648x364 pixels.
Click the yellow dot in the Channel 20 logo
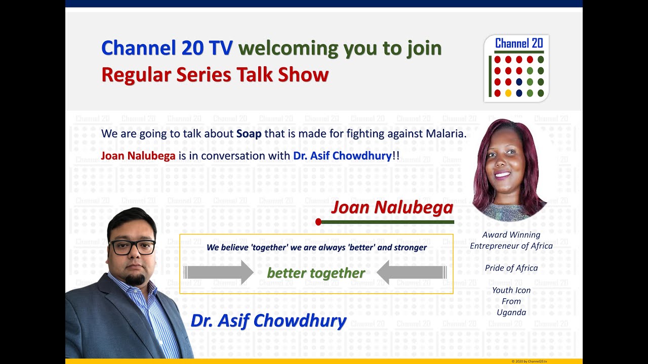coord(508,93)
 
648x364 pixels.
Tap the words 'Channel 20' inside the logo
coord(519,43)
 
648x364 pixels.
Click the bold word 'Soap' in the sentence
coord(249,134)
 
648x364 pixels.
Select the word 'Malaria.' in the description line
coord(447,133)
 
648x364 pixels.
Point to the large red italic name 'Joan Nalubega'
coord(392,208)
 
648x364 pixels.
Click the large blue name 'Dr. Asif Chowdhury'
coord(268,321)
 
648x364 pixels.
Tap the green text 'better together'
coord(315,273)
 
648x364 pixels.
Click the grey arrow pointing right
coord(219,272)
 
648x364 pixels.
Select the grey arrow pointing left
coord(412,272)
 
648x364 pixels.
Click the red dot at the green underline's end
coord(318,222)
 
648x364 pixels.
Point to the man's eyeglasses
coord(133,248)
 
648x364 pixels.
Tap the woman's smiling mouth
coord(502,174)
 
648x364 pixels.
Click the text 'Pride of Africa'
coord(511,268)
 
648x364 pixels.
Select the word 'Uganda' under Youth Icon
coord(511,312)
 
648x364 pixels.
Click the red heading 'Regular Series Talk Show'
coord(215,75)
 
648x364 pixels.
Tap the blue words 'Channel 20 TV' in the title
coord(167,48)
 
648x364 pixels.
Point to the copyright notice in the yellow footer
coord(529,361)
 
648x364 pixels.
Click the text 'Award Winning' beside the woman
coord(511,235)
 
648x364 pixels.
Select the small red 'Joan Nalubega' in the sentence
coord(138,156)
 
